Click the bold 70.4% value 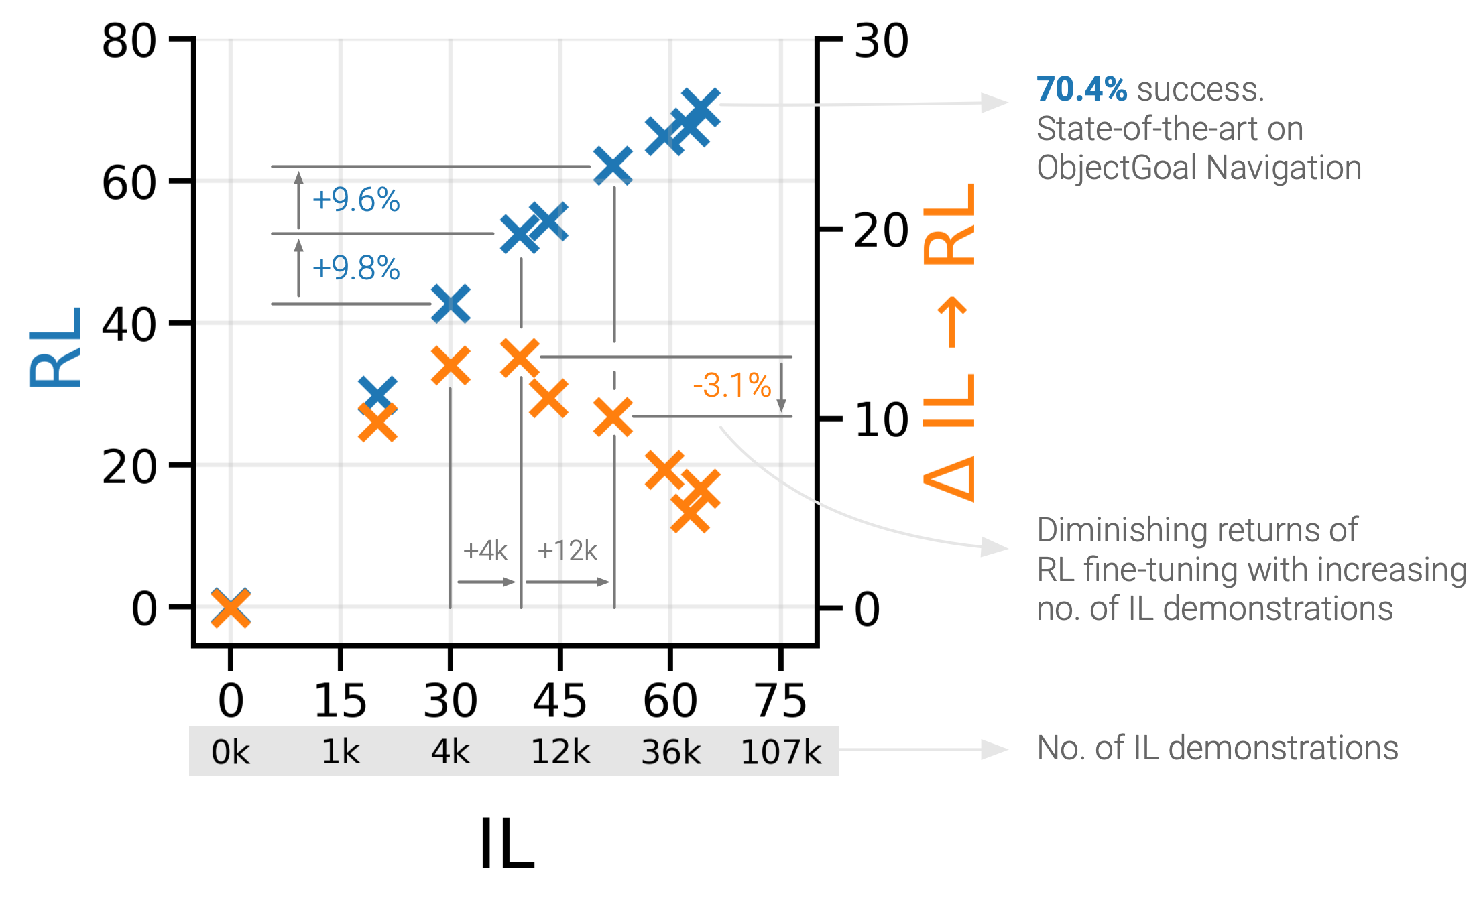pos(1081,89)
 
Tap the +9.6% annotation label pos(356,200)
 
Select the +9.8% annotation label pos(356,268)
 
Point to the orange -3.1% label pos(732,385)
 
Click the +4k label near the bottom pos(485,551)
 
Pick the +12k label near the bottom pos(567,551)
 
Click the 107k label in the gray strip pos(780,752)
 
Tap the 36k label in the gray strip pos(670,752)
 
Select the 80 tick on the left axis pos(129,41)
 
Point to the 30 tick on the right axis pos(882,41)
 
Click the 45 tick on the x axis pos(560,701)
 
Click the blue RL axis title pos(55,347)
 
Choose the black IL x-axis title pos(507,844)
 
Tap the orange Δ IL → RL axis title pos(949,342)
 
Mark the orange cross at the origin pos(231,608)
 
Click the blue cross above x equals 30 pos(451,303)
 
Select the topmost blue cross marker pos(701,108)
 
